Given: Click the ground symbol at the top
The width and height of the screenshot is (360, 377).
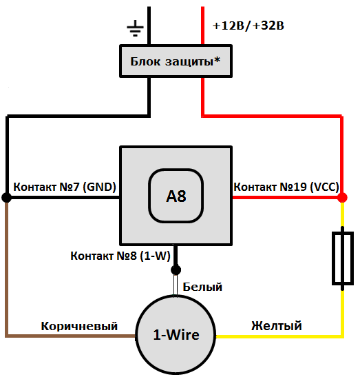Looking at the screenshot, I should pyautogui.click(x=136, y=28).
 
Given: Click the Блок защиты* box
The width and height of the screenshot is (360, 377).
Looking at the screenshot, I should pyautogui.click(x=176, y=61).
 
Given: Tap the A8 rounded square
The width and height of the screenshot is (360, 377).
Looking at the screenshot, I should pyautogui.click(x=176, y=196).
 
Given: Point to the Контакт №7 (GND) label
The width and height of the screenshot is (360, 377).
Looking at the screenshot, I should pyautogui.click(x=65, y=187).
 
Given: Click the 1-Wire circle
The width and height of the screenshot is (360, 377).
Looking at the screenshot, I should pyautogui.click(x=176, y=335).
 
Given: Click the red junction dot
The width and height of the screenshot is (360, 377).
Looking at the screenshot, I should pyautogui.click(x=342, y=198).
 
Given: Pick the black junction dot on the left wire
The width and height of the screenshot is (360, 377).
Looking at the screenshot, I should pyautogui.click(x=7, y=198).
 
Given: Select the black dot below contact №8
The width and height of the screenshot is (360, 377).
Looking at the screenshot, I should pyautogui.click(x=176, y=269).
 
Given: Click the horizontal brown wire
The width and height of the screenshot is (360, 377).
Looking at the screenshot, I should pyautogui.click(x=69, y=336).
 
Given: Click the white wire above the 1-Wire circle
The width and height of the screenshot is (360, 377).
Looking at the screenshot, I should pyautogui.click(x=176, y=286).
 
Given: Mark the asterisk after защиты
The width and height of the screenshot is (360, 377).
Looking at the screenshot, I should pyautogui.click(x=218, y=59).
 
